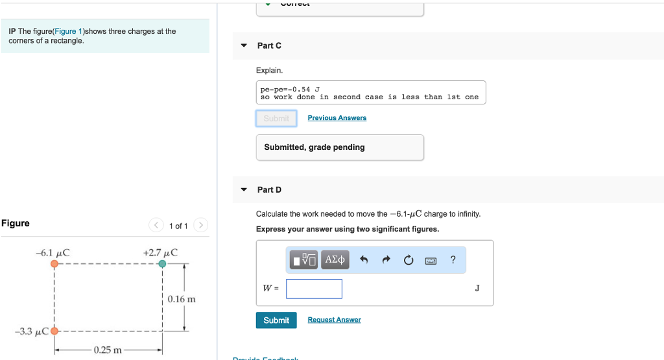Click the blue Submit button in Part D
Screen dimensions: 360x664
click(x=276, y=320)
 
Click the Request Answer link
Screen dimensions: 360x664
click(x=334, y=320)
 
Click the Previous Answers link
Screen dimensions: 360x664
click(x=337, y=118)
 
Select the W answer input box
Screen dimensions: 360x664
click(x=314, y=289)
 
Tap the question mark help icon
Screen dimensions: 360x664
click(x=453, y=260)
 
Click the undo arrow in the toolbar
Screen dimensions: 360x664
click(x=364, y=261)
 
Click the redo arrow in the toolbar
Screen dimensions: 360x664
click(x=386, y=261)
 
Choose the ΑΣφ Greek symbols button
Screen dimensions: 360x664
click(x=335, y=260)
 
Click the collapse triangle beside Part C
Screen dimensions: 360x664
click(x=244, y=46)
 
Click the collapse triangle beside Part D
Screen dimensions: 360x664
click(x=244, y=190)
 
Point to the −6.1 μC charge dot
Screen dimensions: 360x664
click(x=54, y=264)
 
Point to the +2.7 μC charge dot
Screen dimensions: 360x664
click(x=161, y=264)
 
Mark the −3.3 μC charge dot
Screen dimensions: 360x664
click(x=54, y=331)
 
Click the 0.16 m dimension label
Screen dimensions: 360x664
click(x=181, y=300)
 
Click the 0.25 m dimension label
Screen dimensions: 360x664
click(x=108, y=350)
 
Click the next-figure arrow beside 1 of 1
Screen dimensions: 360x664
click(x=201, y=226)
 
